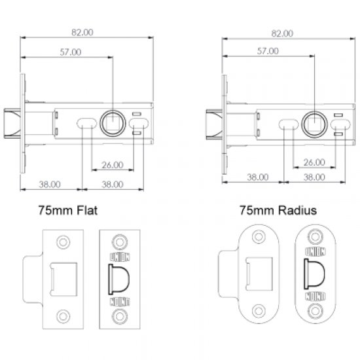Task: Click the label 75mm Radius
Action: click(278, 211)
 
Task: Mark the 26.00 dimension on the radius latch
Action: click(314, 162)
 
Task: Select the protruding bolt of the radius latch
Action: click(214, 121)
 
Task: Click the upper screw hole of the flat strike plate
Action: click(63, 242)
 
